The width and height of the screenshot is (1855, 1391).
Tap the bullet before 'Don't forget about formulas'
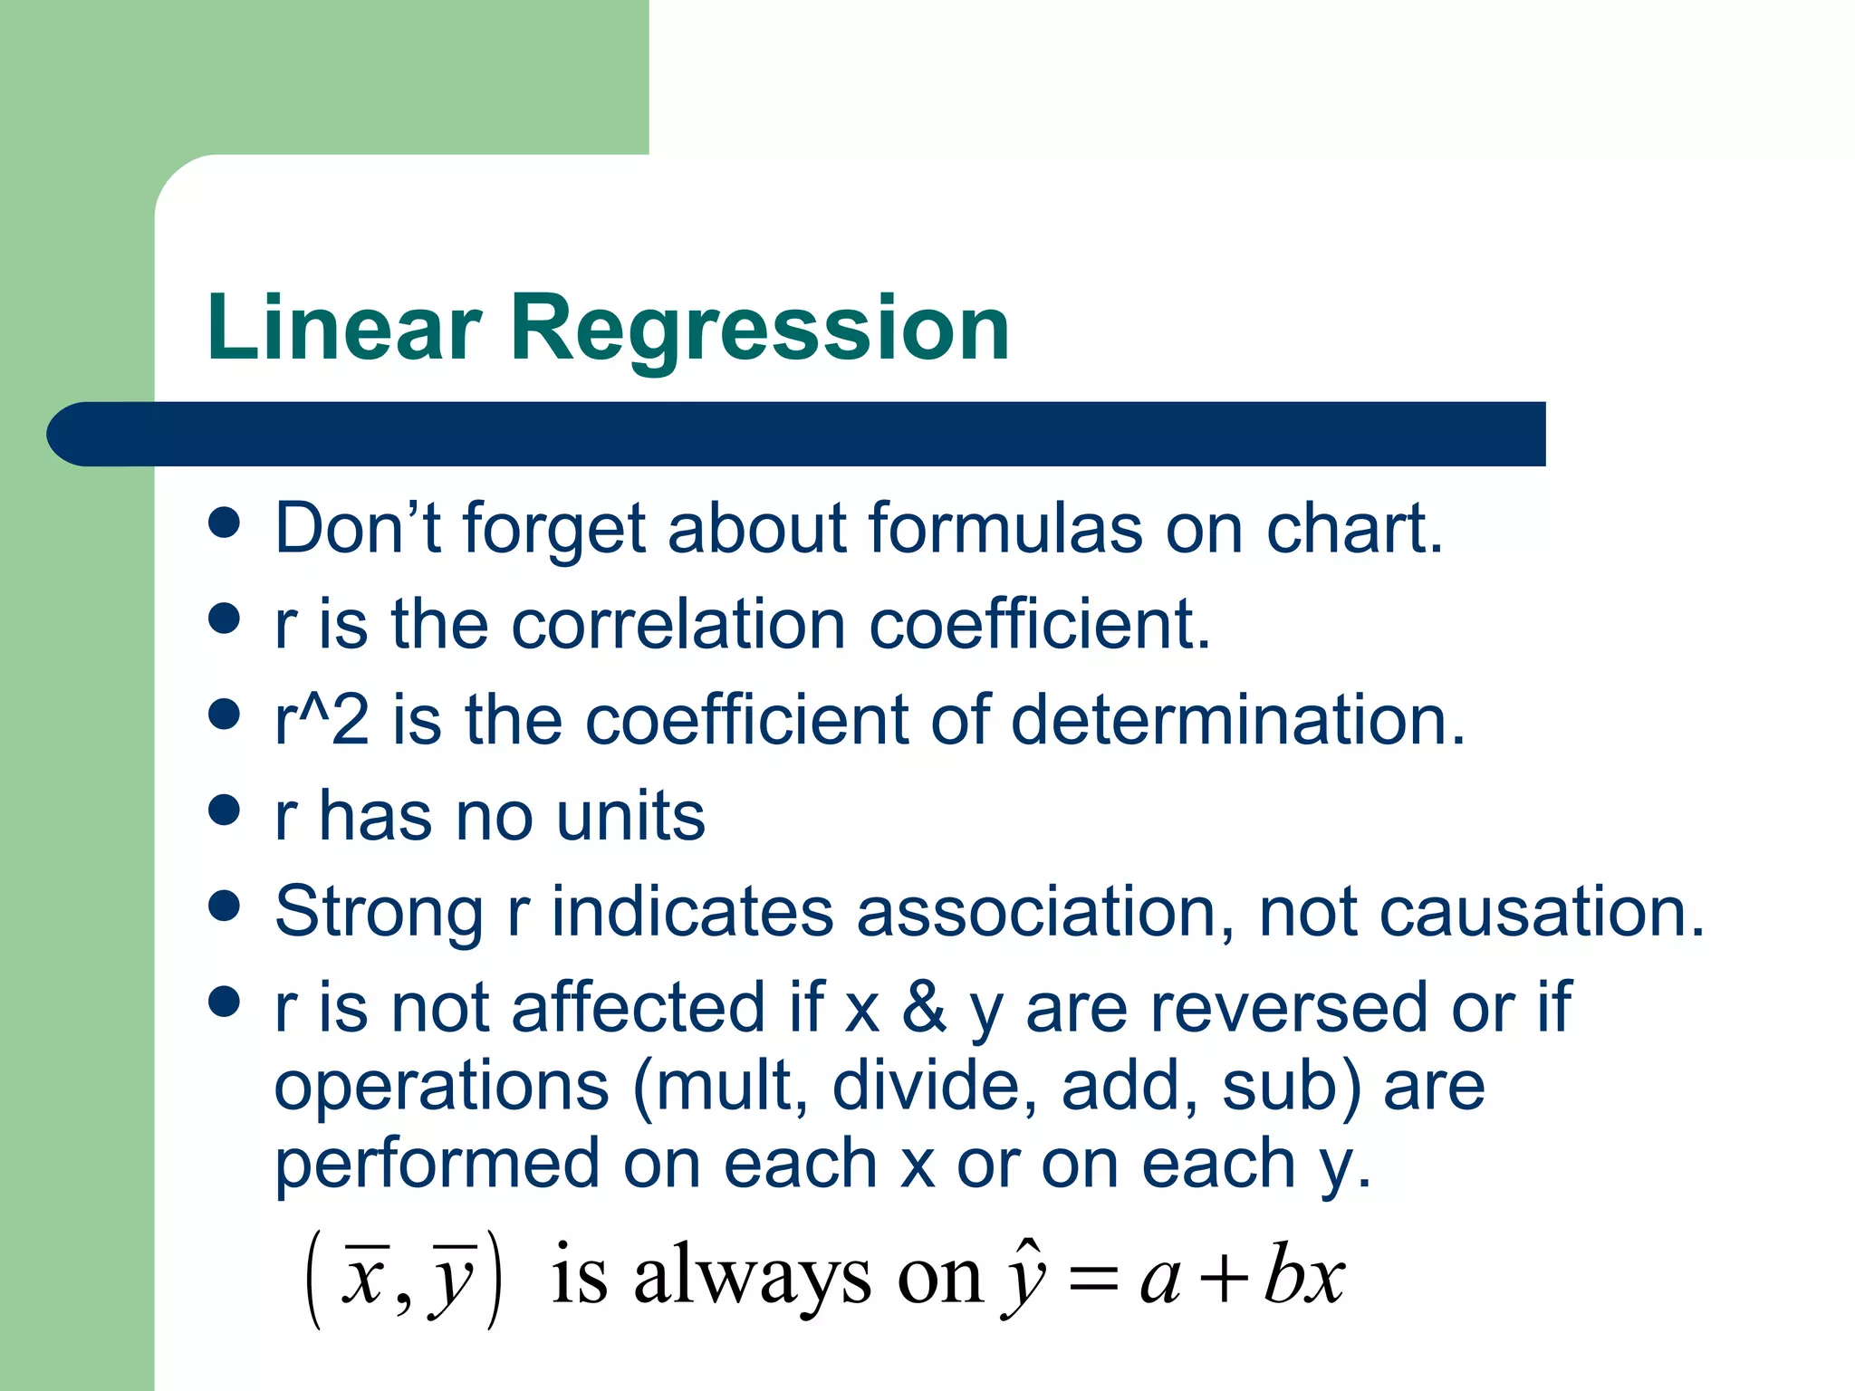[224, 523]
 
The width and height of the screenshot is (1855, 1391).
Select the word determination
[1236, 720]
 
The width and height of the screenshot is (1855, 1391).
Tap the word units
[630, 816]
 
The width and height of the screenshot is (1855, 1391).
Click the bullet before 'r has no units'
[224, 810]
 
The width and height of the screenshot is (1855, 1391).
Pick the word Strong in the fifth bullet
[379, 912]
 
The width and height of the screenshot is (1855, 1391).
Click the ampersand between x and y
[924, 1007]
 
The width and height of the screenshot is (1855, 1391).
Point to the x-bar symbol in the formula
[366, 1279]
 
